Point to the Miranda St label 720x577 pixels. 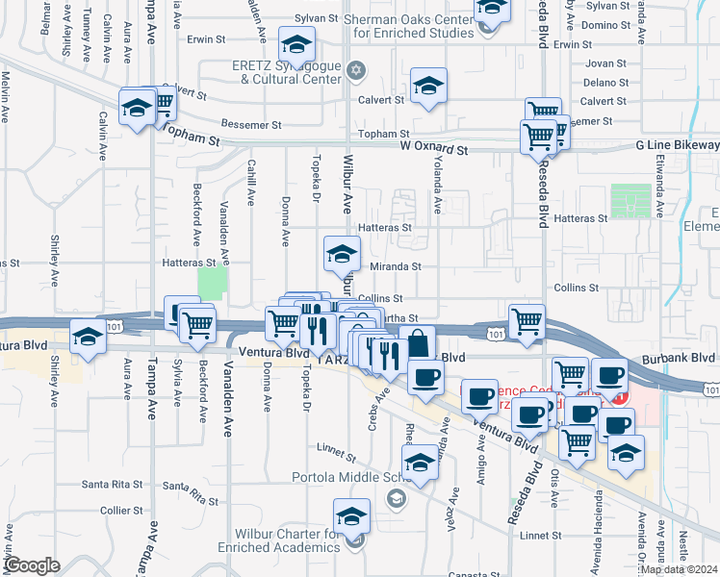(391, 266)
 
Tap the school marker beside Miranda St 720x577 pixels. (341, 253)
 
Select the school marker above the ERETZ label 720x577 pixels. (296, 43)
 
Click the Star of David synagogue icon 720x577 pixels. (355, 70)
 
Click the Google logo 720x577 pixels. (31, 565)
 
